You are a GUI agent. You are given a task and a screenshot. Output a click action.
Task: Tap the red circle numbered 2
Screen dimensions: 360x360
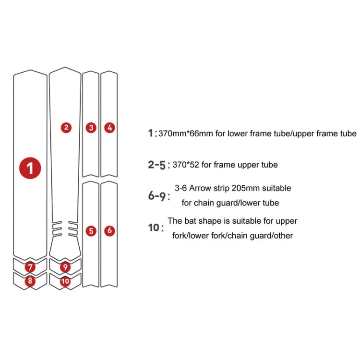coord(66,128)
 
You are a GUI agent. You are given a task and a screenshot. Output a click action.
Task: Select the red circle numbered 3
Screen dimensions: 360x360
coord(91,128)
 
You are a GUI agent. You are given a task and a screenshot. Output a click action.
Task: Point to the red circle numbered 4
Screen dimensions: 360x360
coord(109,128)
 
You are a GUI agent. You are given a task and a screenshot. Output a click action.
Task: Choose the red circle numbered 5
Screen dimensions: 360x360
coord(91,231)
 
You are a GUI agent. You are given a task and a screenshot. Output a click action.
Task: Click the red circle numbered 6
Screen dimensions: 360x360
coord(109,231)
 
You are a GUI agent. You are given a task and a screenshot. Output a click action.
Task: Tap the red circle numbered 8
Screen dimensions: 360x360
coord(30,281)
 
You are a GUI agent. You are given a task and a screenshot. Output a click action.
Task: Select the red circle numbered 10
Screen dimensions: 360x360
coord(65,281)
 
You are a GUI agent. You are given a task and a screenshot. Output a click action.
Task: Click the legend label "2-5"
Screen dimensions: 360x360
coord(156,165)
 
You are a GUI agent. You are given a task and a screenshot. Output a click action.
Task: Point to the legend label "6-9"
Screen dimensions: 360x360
coord(156,196)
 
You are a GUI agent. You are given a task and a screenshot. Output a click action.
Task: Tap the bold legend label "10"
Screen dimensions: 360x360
coord(153,228)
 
